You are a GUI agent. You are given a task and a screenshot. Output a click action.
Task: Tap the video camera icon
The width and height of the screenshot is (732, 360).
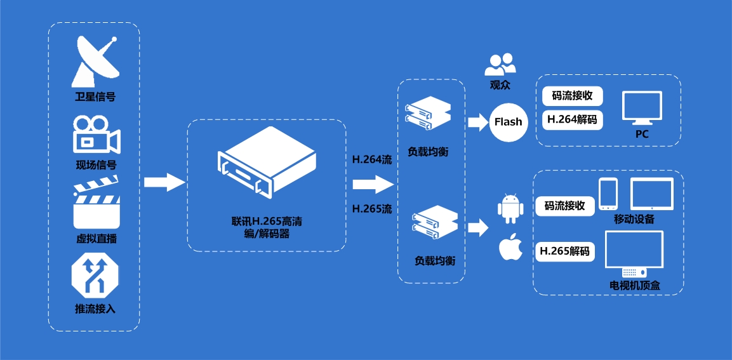(x=95, y=135)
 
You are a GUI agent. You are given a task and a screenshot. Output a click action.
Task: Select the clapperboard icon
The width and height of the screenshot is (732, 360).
(x=96, y=206)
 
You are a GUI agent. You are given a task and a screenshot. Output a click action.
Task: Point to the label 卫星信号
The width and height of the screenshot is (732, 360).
(x=95, y=97)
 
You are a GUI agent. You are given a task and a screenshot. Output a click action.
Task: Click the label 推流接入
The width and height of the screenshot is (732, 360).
(x=95, y=309)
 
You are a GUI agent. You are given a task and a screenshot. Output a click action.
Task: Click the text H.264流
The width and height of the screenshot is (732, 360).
(x=372, y=159)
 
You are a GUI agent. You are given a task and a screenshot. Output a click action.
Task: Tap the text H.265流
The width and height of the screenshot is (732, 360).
(x=372, y=208)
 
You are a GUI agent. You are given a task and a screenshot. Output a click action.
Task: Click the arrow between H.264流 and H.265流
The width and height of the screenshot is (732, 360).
(x=373, y=184)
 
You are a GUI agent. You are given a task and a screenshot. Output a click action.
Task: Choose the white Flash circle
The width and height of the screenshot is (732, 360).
(x=508, y=121)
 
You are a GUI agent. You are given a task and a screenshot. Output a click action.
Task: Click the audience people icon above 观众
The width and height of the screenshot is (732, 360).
(x=500, y=63)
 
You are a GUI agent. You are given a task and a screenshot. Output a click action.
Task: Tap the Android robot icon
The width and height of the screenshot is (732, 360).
(x=509, y=209)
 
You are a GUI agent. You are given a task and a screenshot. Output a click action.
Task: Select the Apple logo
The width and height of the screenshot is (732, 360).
(x=510, y=248)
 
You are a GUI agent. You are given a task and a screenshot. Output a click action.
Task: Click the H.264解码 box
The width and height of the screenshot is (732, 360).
(x=572, y=119)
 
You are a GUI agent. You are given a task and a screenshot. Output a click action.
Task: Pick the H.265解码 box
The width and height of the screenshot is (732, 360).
(x=564, y=251)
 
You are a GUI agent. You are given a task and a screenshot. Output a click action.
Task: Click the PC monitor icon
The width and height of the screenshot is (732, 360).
(x=642, y=109)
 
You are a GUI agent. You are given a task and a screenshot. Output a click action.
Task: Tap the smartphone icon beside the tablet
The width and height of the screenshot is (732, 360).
(x=608, y=194)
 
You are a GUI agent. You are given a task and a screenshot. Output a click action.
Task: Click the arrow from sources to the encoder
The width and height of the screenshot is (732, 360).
(x=164, y=182)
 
